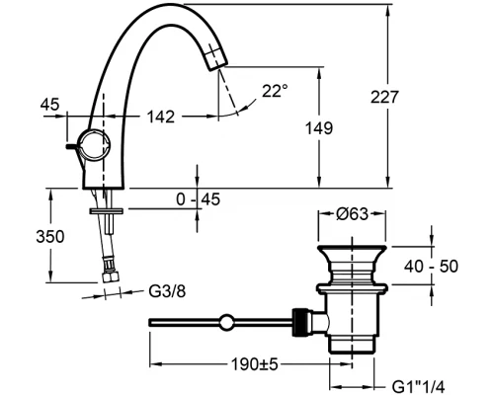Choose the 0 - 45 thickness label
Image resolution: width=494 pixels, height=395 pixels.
click(x=198, y=199)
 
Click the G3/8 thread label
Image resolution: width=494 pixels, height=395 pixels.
click(x=167, y=292)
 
